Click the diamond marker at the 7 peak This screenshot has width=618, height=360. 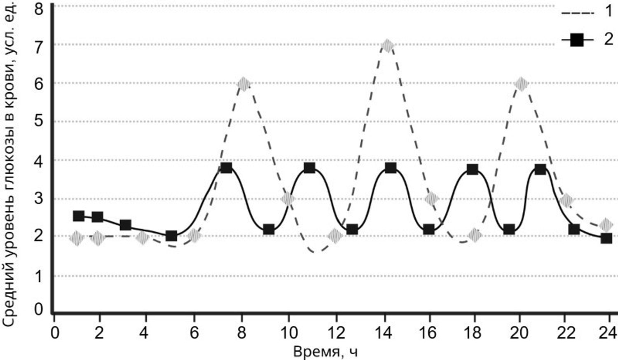coord(387,46)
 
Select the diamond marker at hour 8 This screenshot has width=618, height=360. coord(243,84)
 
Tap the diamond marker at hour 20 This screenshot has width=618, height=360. coord(521,84)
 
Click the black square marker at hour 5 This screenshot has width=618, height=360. coord(171,236)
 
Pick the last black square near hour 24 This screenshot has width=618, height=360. coord(606,238)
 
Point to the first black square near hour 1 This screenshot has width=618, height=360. coord(79,216)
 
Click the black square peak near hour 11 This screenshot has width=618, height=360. coord(309,168)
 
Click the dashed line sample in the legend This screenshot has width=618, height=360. coord(578,13)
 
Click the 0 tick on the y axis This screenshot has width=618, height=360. coord(38,309)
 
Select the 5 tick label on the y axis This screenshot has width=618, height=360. coord(38,122)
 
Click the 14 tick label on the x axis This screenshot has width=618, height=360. coord(384,333)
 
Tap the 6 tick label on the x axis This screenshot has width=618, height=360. coord(194,333)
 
